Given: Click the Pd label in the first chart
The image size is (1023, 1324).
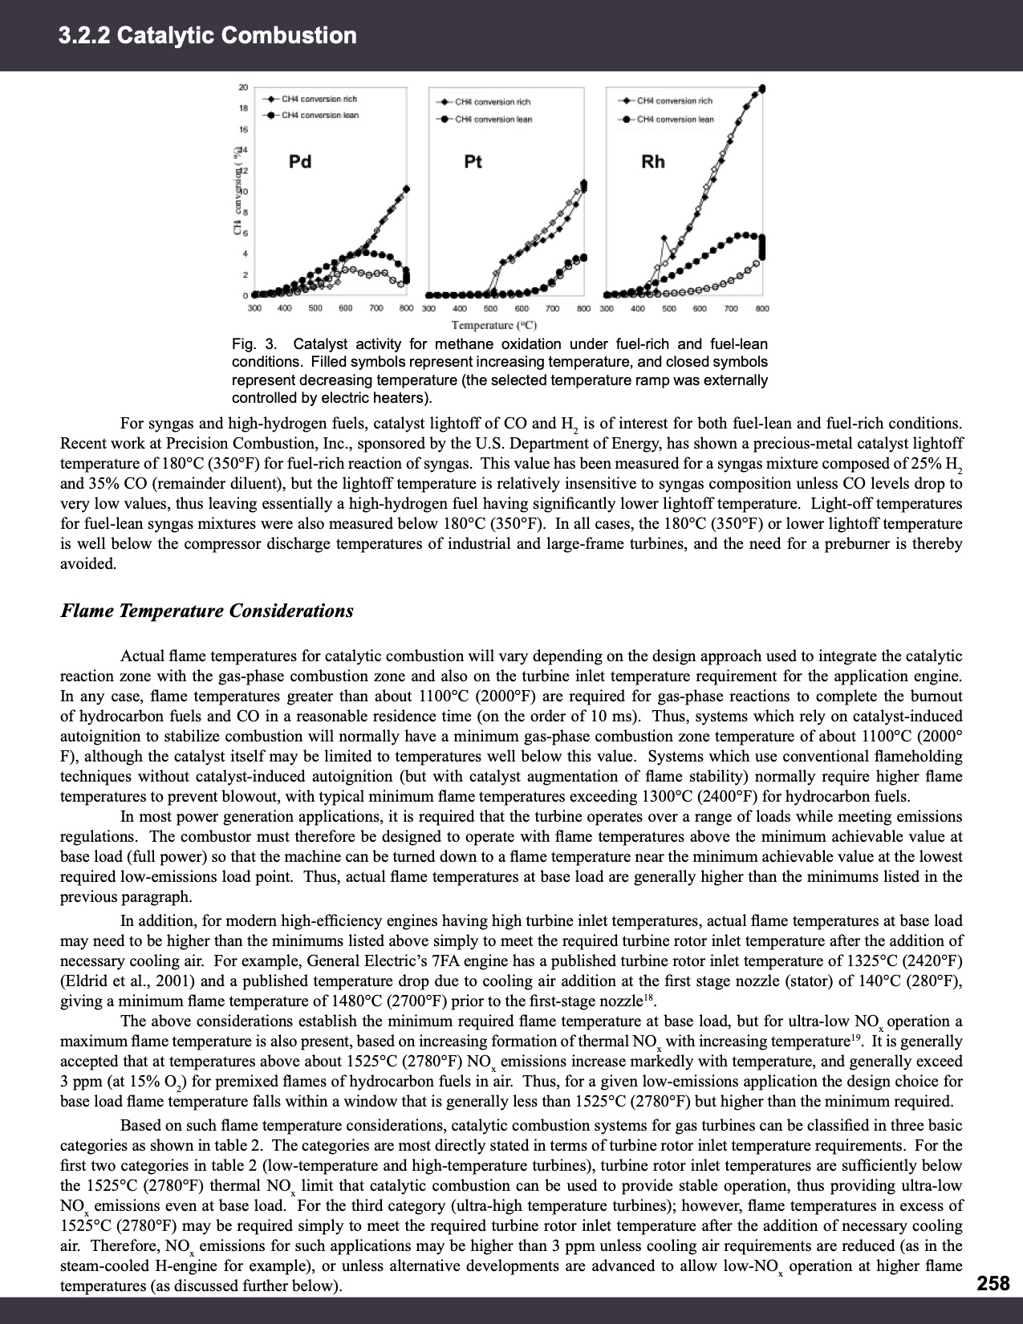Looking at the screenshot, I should pos(299,162).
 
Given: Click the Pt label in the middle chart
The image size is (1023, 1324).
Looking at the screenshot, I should pos(473,162).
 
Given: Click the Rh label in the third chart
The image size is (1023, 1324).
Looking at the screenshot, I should pos(652,162).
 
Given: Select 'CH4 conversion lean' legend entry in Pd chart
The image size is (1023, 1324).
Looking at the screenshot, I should pos(319,115).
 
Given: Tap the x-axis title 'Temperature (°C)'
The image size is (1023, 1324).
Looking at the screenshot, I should pos(493,325).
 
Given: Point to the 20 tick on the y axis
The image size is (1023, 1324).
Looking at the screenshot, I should pos(243,87).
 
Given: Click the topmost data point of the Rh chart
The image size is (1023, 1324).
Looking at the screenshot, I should pos(762,88).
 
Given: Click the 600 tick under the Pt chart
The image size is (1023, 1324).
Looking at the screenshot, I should pos(521,309).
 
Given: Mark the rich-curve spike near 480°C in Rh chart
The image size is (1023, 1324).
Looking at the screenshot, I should pos(664,238).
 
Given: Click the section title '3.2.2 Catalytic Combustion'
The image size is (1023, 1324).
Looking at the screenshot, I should pos(208,36).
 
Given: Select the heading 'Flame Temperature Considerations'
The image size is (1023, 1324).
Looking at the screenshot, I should pos(207,611).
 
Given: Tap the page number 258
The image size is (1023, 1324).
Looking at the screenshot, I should pos(993,1283).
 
